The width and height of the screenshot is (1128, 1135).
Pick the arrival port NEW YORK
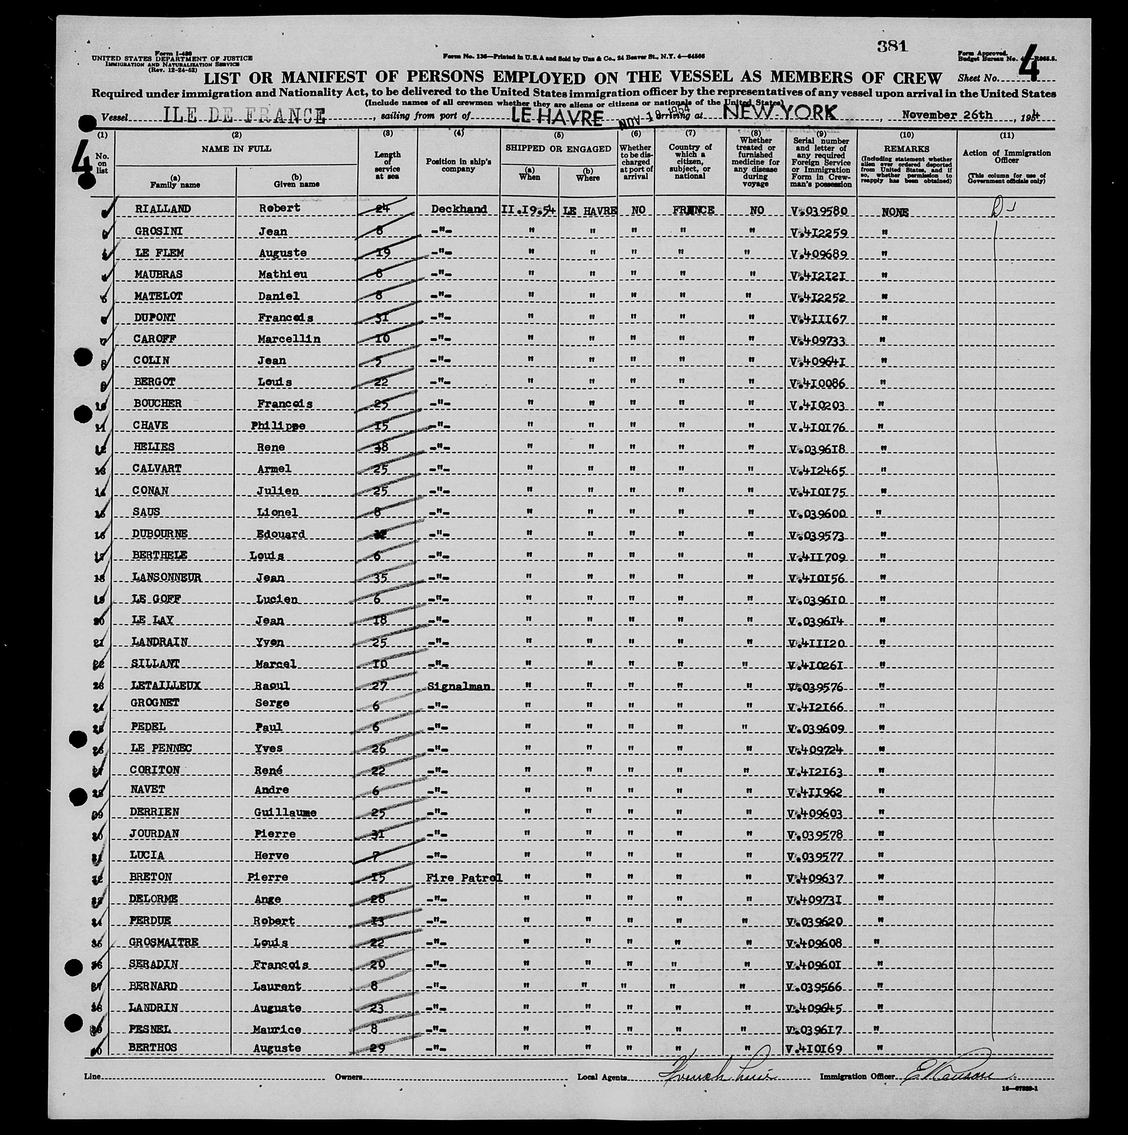[779, 113]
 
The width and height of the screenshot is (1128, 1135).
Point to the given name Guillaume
[286, 813]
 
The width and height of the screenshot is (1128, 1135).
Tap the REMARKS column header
[906, 149]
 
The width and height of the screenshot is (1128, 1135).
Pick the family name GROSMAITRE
[163, 942]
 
